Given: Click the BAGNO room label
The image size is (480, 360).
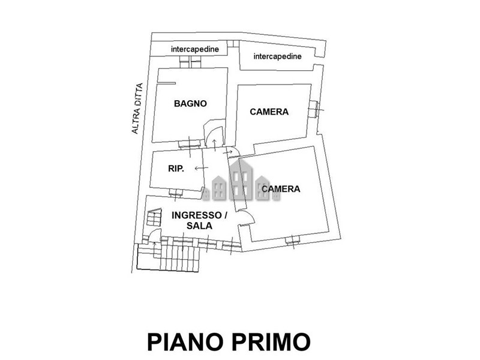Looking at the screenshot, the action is pos(190,103).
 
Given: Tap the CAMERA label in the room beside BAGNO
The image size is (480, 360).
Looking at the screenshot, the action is pos(269,112).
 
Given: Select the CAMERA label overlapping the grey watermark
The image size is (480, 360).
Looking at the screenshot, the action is pos(281,189).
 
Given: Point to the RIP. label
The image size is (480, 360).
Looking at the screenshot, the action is pos(176,169).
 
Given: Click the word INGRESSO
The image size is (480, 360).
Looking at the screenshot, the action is pos(197,215).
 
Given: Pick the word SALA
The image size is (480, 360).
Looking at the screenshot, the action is pos(199,226).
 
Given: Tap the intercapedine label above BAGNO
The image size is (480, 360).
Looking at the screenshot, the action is pos(195,49).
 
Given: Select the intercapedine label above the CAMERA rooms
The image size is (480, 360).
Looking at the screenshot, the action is pos(277,56).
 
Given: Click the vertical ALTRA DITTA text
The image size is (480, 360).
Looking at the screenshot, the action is pos(137,109).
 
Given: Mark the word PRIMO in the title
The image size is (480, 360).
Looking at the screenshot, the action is pos(271,341).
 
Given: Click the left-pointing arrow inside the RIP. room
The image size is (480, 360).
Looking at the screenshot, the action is pos(202,168).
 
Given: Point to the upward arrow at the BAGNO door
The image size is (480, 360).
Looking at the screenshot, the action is pos(215,145).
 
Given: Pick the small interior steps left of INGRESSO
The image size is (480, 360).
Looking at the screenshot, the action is pos(154,217).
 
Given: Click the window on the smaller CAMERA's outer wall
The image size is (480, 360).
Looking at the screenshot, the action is pos(314,109).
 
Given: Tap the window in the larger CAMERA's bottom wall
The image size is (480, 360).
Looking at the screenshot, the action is pos(293,241).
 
